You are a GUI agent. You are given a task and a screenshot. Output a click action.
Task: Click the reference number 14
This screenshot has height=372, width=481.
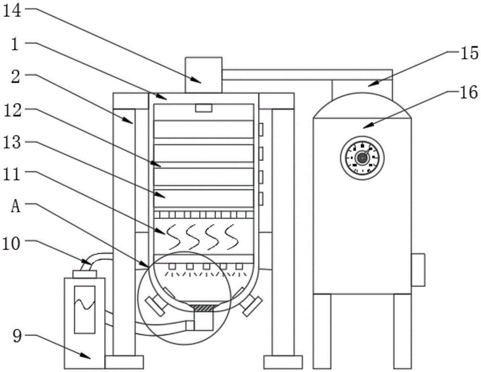(13, 11)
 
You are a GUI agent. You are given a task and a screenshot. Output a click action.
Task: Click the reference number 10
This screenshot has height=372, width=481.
(13, 244)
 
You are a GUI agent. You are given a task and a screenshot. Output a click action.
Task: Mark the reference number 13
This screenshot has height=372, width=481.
(13, 142)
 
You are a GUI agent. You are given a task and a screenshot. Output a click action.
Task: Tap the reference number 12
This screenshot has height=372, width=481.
(13, 109)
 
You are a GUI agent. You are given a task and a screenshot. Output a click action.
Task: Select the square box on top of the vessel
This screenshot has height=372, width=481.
(203, 75)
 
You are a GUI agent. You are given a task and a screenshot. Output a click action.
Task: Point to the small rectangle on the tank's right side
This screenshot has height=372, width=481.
(418, 269)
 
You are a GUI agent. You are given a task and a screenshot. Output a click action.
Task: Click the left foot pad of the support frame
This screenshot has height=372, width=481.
(124, 361)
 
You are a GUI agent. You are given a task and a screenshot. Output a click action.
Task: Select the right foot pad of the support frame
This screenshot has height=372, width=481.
(283, 361)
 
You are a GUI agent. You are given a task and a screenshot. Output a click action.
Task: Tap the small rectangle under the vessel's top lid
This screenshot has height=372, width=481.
(203, 108)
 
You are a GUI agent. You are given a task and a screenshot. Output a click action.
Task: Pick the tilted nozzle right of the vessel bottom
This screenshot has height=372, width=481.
(252, 305)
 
